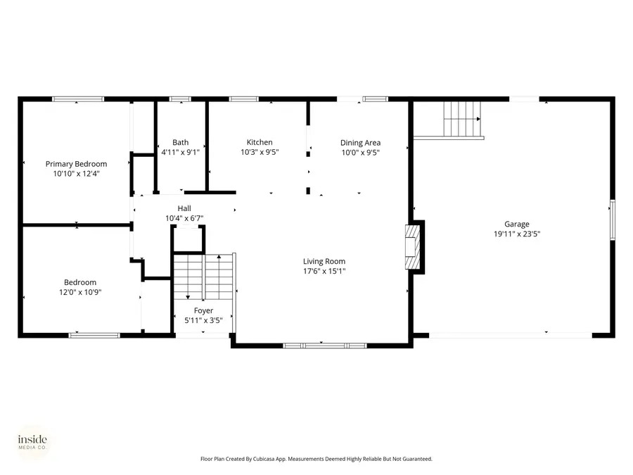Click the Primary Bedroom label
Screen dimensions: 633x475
coord(76,164)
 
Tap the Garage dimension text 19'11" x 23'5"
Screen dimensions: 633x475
coord(517,234)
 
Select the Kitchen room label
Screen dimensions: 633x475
coord(260,142)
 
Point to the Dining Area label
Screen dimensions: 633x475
coord(361,143)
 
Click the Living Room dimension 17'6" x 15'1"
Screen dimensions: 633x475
coord(324,271)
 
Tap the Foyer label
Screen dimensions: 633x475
coord(203,310)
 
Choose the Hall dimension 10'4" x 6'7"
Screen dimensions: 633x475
coord(184,218)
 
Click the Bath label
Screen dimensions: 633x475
coord(181,142)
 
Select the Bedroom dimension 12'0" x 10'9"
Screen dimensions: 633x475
coord(80,292)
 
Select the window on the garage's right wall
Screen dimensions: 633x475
coord(613,220)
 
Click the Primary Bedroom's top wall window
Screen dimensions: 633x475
coord(78,99)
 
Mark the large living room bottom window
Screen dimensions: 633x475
coord(324,346)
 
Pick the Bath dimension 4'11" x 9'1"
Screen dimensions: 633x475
coord(181,152)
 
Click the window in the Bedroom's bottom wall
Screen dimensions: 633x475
coord(94,335)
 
